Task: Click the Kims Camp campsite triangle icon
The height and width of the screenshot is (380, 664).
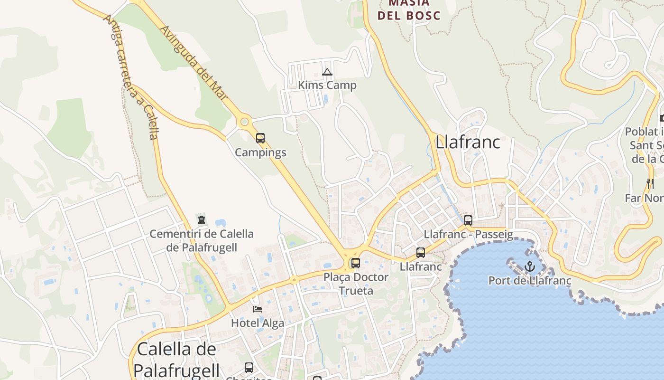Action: (x=327, y=72)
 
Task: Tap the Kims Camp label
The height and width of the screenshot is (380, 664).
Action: (x=327, y=85)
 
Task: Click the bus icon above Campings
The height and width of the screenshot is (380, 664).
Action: (x=260, y=138)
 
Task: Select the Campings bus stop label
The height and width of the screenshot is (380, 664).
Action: (x=260, y=152)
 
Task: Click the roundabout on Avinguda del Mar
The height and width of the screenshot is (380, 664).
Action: (x=244, y=122)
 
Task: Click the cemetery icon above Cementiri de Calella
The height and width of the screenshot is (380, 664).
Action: (x=202, y=220)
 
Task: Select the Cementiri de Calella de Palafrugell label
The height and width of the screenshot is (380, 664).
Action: (x=202, y=240)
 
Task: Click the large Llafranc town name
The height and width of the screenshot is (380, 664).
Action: (x=468, y=142)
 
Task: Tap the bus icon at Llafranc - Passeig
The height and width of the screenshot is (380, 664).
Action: (x=468, y=220)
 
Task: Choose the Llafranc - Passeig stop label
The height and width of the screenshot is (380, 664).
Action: (x=468, y=234)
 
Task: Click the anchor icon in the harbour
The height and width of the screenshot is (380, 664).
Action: (x=530, y=266)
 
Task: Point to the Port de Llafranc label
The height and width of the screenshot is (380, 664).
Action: (x=530, y=280)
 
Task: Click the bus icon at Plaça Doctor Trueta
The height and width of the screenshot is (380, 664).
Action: (x=356, y=263)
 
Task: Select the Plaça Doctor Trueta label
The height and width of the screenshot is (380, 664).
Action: (x=356, y=284)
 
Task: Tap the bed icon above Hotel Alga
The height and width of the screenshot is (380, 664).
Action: (x=258, y=309)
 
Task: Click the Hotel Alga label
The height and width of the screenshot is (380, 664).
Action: (x=258, y=323)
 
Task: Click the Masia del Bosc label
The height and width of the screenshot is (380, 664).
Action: (x=408, y=9)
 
